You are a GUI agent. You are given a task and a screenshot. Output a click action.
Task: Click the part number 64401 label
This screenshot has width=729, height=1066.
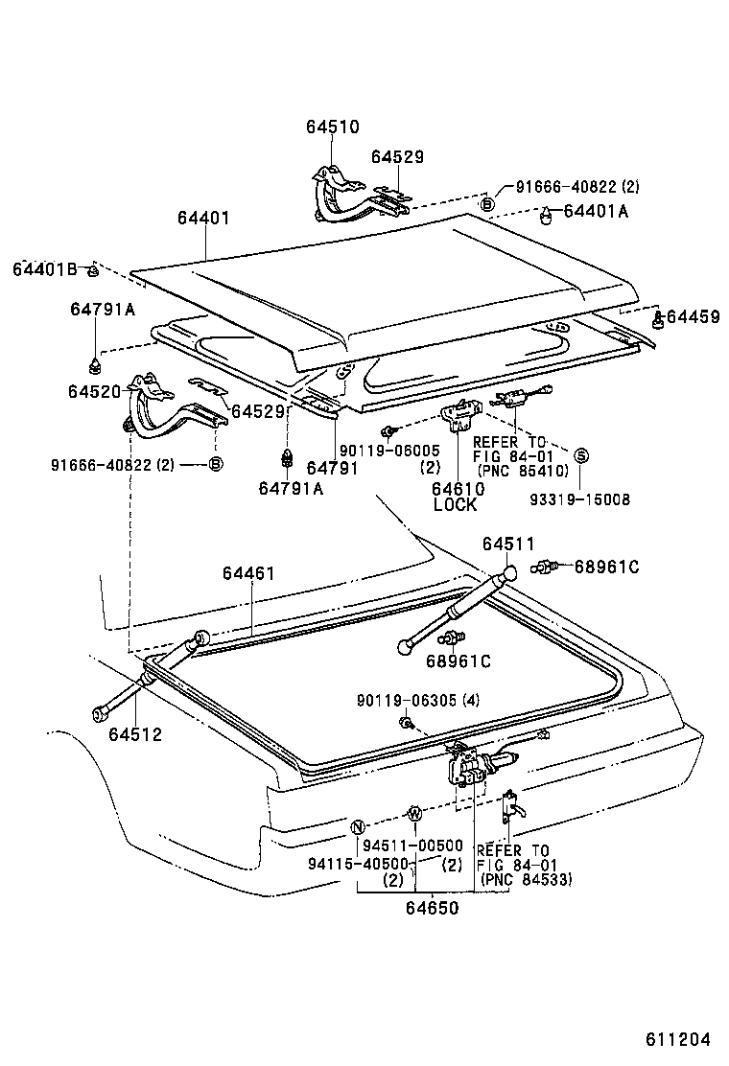[202, 219]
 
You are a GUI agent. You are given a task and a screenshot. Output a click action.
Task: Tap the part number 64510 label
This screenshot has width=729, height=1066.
[332, 127]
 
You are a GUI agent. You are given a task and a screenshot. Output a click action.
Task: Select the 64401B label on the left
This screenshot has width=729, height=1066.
[44, 269]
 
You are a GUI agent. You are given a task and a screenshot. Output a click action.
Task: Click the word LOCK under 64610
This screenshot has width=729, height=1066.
[455, 505]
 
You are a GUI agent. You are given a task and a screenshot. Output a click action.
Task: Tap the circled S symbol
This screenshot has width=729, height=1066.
[581, 453]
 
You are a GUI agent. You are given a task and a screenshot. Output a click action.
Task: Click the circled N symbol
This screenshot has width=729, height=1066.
[357, 827]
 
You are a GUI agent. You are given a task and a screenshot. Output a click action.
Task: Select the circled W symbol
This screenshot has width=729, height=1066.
[414, 814]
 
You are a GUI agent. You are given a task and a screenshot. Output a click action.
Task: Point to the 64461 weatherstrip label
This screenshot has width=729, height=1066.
[248, 573]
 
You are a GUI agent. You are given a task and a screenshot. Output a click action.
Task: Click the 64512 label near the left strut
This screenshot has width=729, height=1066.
[134, 735]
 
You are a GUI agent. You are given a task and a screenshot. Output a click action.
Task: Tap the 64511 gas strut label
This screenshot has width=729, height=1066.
[508, 545]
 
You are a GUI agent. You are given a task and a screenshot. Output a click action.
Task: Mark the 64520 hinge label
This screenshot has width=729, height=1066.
[94, 391]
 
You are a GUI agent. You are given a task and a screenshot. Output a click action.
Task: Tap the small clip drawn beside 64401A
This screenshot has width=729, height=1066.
[547, 216]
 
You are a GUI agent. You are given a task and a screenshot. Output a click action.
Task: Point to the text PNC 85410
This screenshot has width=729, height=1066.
[525, 472]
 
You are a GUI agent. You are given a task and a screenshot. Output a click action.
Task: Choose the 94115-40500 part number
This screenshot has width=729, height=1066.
[360, 863]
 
